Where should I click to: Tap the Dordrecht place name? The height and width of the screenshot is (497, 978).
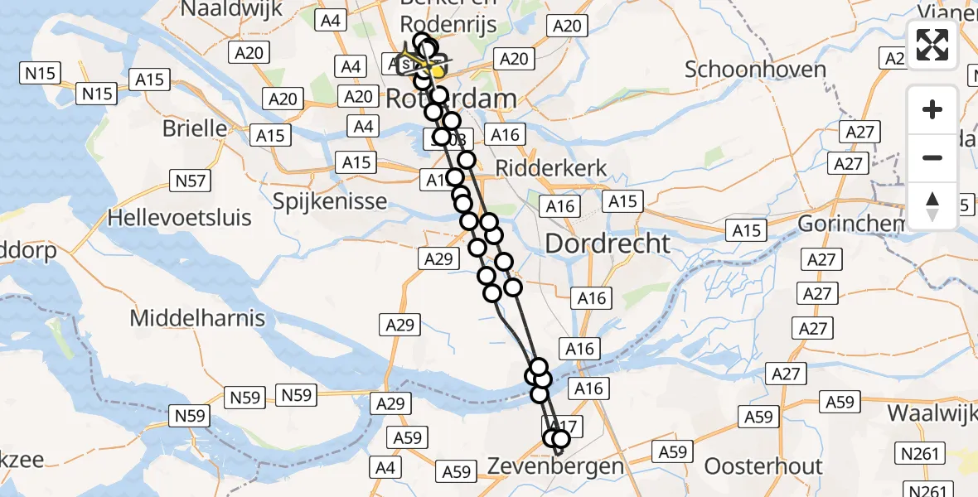tap(608, 244)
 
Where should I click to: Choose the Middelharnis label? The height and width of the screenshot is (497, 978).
tap(197, 317)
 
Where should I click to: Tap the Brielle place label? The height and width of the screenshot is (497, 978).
tap(195, 128)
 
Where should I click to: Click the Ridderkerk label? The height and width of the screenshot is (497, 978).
tap(551, 168)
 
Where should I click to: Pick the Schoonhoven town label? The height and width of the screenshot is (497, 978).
tap(755, 69)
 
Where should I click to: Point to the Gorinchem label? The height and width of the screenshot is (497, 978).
tap(850, 224)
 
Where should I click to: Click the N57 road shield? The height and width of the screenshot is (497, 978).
tap(188, 180)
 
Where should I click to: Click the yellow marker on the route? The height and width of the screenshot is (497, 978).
tap(438, 71)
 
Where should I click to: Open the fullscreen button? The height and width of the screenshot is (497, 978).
tap(932, 45)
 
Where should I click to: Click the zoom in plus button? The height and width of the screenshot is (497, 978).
tap(932, 109)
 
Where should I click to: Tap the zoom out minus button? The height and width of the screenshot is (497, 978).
tap(932, 157)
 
